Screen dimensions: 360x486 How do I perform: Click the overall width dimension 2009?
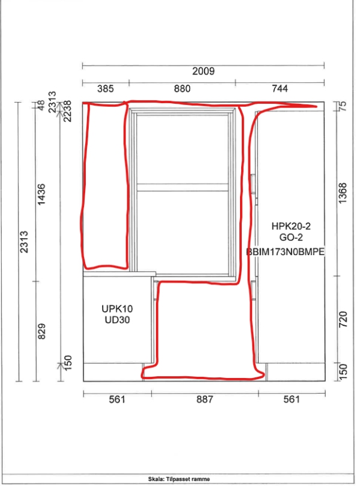pos(203,71)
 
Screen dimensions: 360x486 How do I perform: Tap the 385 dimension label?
pos(106,89)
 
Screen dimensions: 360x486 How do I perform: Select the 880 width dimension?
pos(182,89)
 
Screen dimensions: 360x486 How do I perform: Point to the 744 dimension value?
pos(280,89)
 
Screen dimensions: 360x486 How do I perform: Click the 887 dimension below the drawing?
pos(205,399)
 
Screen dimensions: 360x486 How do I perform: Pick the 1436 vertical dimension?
pos(41,194)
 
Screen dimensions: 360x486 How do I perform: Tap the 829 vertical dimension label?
pos(41,331)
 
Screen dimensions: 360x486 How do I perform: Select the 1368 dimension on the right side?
pos(343,193)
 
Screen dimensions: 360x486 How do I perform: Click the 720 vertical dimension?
pos(343,319)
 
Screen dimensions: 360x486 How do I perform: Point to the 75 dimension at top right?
pos(343,106)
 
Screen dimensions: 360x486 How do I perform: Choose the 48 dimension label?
pos(41,104)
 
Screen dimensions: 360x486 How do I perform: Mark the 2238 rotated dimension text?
pos(67,111)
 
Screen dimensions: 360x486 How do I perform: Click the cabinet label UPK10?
pos(117,309)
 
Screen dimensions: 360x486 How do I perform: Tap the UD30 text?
pos(117,320)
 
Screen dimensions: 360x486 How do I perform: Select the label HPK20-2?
pos(291,226)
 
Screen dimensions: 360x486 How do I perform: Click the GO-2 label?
pos(291,238)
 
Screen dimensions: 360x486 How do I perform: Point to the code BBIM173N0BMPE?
pos(285,251)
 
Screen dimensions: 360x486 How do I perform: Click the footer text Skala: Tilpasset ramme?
pos(179,479)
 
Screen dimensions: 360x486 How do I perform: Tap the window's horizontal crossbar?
pos(182,187)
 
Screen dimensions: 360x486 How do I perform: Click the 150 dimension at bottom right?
pos(343,372)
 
